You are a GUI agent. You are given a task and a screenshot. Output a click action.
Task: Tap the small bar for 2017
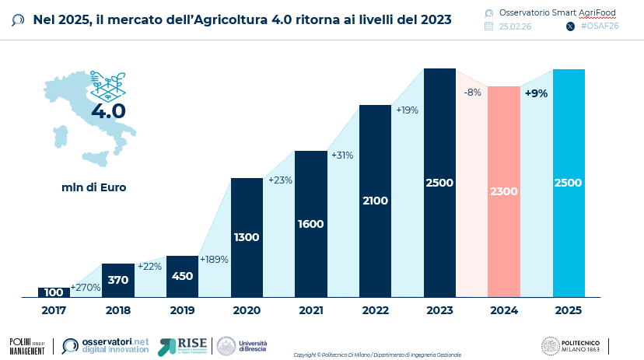click(54, 292)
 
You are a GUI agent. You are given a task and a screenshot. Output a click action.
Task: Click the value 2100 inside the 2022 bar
click(375, 200)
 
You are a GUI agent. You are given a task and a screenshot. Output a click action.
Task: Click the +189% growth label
click(214, 259)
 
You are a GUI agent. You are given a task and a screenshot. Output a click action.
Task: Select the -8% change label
click(472, 93)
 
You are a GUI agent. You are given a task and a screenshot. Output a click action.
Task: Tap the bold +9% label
click(536, 93)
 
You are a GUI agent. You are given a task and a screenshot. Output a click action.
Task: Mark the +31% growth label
click(342, 156)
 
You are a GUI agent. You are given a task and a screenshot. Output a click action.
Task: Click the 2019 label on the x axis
click(182, 309)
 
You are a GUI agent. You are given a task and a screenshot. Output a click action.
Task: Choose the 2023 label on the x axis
click(439, 309)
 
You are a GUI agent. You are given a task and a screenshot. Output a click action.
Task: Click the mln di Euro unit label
click(94, 187)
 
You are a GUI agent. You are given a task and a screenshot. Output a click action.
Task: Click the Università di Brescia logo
click(241, 346)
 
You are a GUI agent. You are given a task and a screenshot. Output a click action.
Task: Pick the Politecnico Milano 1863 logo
click(572, 346)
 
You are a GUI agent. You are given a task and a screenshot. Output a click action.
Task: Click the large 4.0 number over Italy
click(108, 110)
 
